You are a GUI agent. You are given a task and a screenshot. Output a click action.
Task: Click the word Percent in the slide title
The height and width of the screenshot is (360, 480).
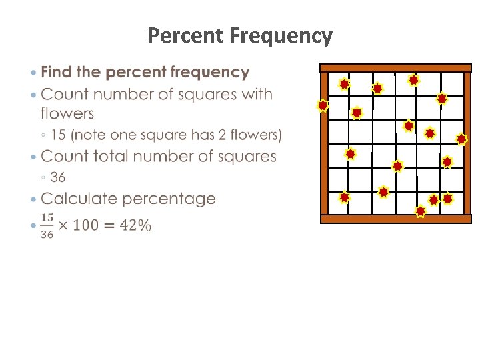185,35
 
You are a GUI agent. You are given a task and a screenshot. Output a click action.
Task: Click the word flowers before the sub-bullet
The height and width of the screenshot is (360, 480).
67,114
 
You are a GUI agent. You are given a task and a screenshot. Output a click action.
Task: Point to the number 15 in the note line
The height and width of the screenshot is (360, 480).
58,135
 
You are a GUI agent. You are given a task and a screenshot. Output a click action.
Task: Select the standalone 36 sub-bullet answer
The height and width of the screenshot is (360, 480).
58,177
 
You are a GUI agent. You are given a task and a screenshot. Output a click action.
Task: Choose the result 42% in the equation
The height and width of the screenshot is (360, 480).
135,225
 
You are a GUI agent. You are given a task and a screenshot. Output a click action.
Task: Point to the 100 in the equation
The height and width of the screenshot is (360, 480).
87,225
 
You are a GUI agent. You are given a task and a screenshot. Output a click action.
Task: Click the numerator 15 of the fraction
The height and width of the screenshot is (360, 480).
47,218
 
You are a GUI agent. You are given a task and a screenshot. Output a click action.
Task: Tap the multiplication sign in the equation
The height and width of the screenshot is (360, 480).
63,225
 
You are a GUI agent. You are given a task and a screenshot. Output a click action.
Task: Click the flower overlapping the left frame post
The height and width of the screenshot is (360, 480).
323,105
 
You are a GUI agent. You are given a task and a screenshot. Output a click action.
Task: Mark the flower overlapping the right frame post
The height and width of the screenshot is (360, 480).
461,139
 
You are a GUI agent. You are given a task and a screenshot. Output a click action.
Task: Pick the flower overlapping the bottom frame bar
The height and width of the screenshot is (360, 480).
420,211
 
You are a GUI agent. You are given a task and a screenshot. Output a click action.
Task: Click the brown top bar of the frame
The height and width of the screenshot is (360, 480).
395,68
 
